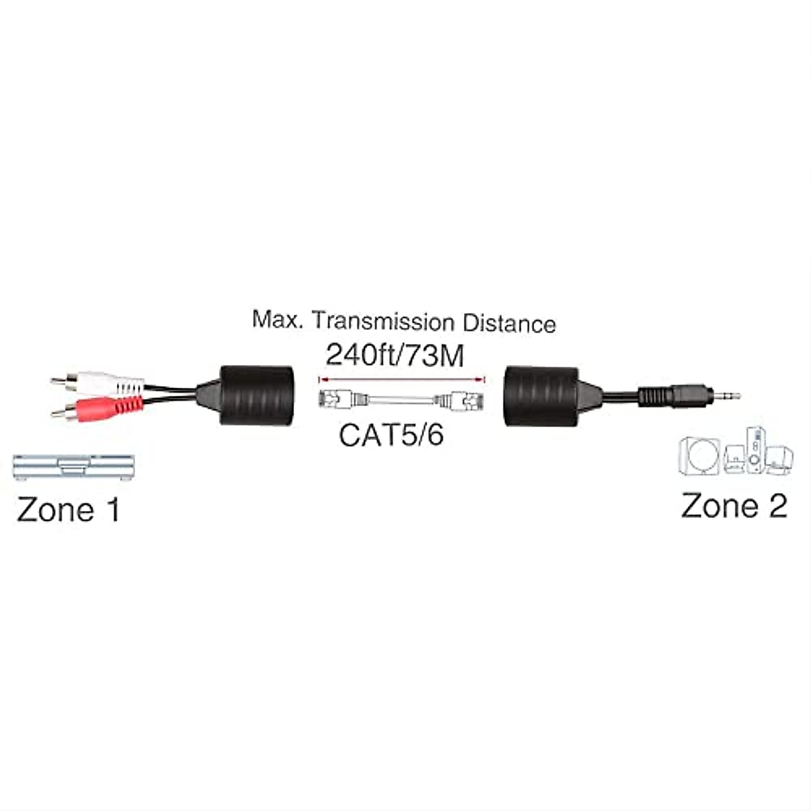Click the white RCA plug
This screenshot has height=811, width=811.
coord(108,385)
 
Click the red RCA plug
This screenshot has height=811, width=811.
coord(108,408)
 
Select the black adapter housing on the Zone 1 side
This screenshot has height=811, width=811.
coord(257,395)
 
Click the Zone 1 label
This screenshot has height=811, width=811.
coord(68,510)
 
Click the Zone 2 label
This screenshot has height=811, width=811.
coord(734,506)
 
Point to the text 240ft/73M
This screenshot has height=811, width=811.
coord(395,355)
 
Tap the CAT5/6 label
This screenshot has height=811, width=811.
coord(391,435)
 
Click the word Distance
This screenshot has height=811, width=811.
coord(509,323)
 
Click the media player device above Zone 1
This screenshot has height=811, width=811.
coord(73,467)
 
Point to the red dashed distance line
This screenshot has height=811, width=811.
coord(403,378)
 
